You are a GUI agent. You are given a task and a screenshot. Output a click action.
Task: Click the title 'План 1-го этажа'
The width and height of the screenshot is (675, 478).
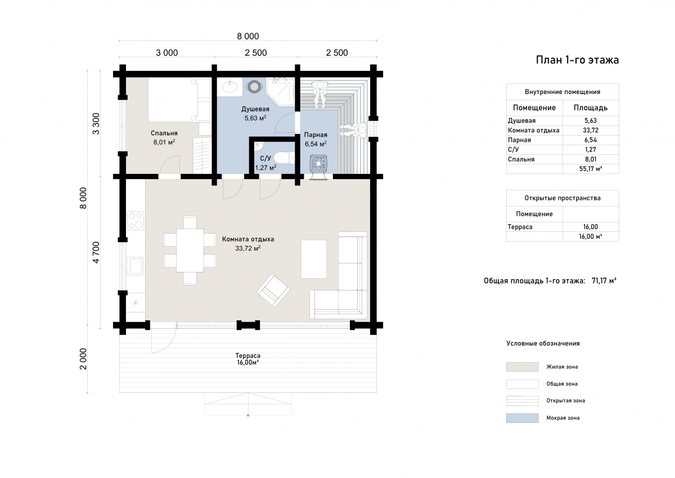point(577,60)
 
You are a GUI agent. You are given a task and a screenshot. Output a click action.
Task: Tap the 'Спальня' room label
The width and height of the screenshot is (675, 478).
point(164,133)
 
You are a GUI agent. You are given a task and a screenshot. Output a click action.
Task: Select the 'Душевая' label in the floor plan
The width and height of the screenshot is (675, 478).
point(255,109)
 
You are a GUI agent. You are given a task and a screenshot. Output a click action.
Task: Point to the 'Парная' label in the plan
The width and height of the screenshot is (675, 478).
point(316,135)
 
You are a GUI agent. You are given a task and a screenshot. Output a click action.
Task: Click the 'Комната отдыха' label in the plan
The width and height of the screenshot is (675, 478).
point(248,239)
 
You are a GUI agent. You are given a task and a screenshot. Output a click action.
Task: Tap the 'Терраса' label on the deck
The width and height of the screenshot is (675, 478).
point(247,356)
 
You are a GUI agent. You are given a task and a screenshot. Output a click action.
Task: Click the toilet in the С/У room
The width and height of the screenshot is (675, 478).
point(284,158)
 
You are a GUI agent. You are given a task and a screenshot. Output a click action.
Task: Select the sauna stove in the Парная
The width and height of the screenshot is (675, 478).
point(318,164)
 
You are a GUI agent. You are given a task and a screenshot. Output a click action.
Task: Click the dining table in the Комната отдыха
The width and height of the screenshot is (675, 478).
point(190,251)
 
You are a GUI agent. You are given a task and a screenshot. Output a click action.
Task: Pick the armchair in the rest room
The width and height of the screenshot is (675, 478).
point(273,291)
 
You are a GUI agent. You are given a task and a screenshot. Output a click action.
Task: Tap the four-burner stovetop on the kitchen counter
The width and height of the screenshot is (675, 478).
point(136,221)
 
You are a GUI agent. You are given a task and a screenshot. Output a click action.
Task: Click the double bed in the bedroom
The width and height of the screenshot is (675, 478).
point(179,100)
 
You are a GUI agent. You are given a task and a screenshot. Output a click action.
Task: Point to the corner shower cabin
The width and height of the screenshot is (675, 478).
point(281,92)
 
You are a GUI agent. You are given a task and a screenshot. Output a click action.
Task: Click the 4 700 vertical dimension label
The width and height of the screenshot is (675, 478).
point(96,252)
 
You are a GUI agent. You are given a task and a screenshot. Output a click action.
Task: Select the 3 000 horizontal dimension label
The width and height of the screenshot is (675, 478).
point(166,53)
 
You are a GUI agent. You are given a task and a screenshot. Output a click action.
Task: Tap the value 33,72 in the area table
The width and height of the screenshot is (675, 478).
point(590,130)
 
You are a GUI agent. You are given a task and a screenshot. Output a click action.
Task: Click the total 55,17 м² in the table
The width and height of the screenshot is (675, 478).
point(590,169)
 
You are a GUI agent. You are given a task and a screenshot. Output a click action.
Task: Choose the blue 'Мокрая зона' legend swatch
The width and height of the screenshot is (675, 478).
point(522,418)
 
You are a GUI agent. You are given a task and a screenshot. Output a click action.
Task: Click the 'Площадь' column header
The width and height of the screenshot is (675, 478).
point(590,108)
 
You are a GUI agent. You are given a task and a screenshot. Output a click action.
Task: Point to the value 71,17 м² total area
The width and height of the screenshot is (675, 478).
point(604,281)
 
